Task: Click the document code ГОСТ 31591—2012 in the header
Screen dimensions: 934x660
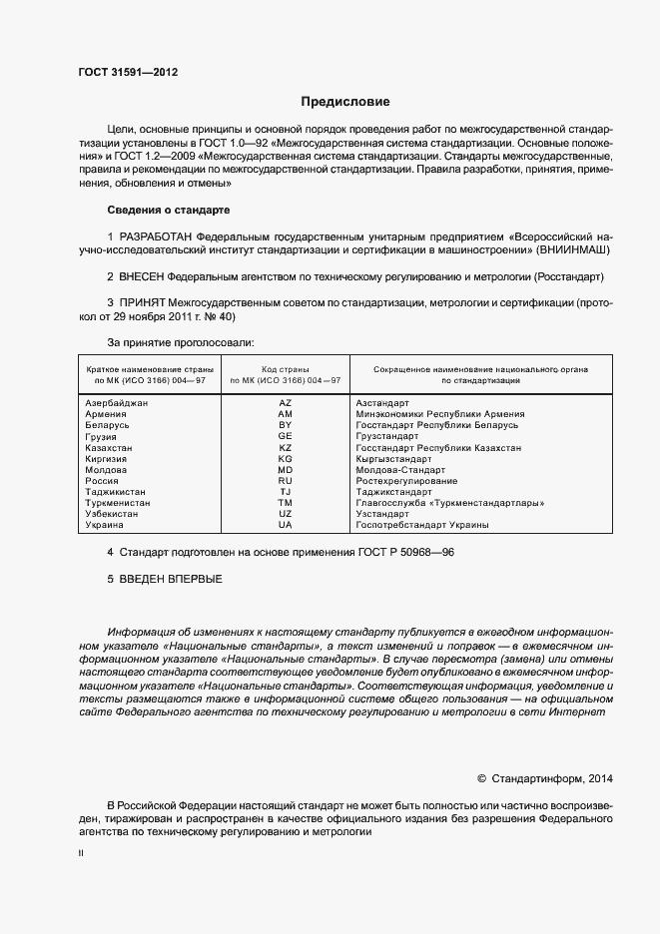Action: [x=128, y=72]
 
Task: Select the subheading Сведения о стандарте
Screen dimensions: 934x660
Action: [x=168, y=211]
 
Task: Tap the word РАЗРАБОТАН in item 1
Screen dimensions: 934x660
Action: [x=158, y=235]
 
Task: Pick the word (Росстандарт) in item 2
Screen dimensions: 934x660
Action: [x=569, y=275]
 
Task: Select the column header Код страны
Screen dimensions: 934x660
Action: [x=286, y=369]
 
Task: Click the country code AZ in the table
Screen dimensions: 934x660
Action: [x=286, y=402]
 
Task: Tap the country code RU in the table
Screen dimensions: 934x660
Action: [x=286, y=481]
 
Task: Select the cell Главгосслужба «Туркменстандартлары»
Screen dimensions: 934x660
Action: [x=449, y=503]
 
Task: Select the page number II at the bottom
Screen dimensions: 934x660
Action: [x=81, y=855]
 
